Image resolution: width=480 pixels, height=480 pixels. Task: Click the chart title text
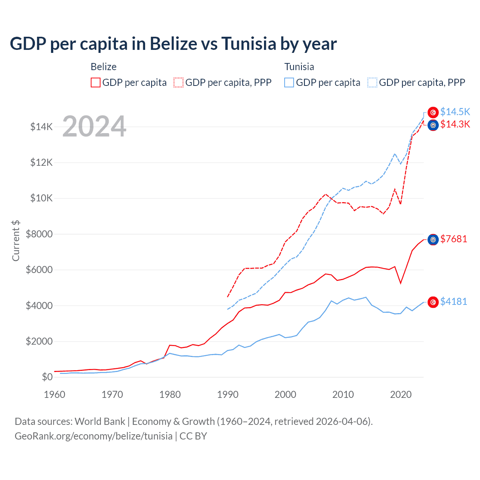[x=173, y=44]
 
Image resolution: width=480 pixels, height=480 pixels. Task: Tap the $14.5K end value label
[x=455, y=112]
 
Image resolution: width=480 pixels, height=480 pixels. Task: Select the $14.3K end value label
[x=455, y=124]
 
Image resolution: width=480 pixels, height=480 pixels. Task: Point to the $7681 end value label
[x=454, y=239]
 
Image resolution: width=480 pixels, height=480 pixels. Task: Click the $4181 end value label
[x=454, y=301]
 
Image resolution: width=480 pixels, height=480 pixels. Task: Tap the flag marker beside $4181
[x=433, y=302]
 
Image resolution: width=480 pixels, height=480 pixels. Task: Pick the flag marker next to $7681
[x=433, y=239]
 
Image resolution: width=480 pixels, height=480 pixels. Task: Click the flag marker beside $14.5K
[x=433, y=112]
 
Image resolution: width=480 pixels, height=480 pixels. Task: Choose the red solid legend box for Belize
[x=96, y=82]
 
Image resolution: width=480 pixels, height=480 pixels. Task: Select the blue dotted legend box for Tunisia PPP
[x=372, y=82]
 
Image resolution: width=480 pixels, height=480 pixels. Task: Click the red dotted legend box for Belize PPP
[x=178, y=82]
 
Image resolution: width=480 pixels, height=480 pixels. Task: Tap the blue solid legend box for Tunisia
[x=289, y=82]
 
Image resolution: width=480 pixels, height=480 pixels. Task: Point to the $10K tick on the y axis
[x=41, y=198]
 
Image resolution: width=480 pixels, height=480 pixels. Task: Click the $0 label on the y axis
[x=47, y=377]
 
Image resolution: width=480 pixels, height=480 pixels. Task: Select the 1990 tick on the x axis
[x=228, y=394]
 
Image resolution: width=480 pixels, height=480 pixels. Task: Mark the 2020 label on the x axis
[x=401, y=394]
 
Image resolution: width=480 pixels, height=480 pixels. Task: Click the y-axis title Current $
[x=16, y=241]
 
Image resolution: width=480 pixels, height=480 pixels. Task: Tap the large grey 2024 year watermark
[x=94, y=126]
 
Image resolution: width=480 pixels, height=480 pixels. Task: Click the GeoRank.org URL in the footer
[x=93, y=436]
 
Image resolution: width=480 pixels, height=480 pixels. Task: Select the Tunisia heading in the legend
[x=299, y=67]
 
